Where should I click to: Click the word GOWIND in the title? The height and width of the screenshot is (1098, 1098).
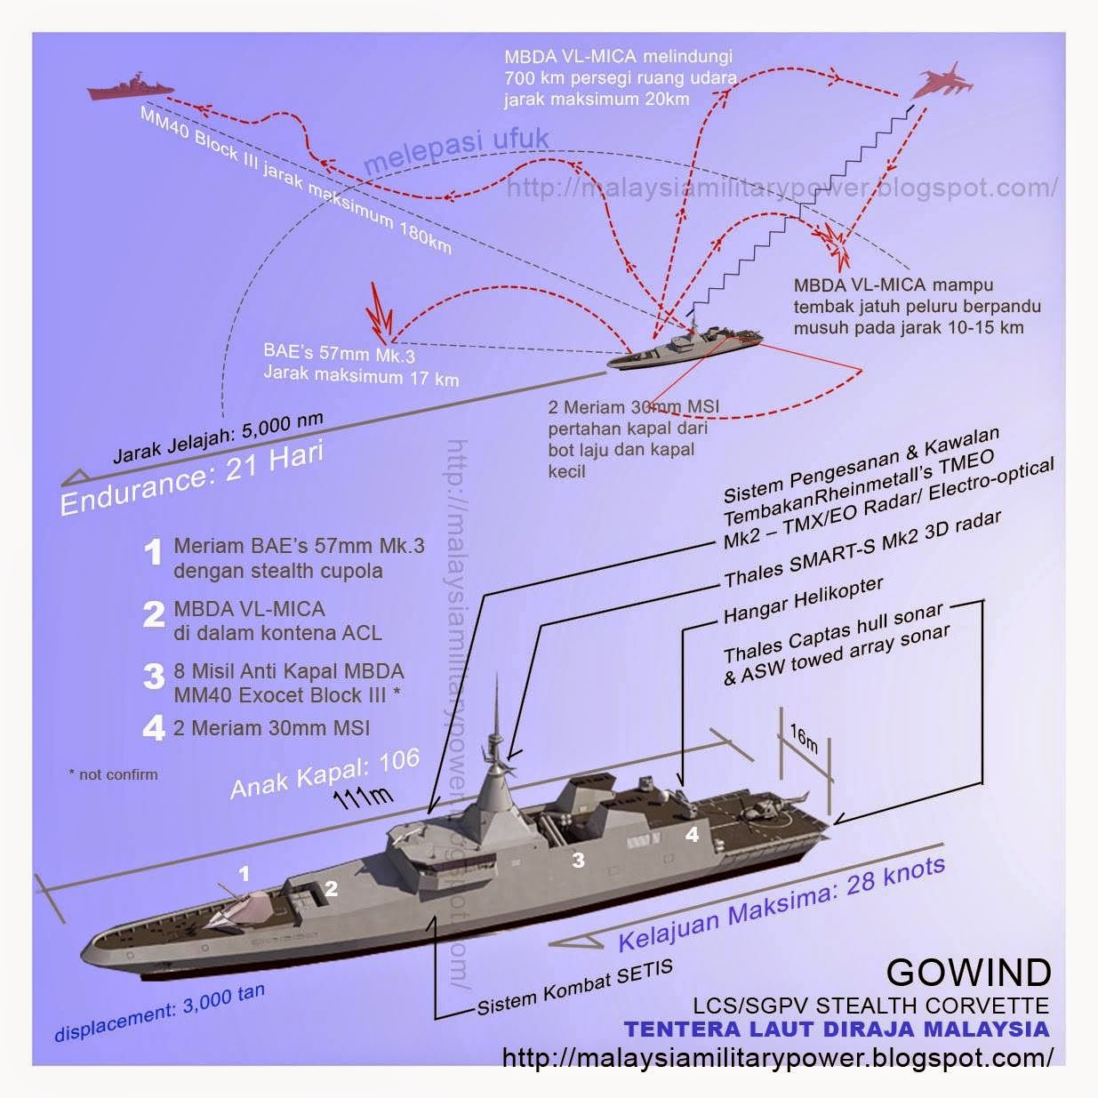[x=967, y=973]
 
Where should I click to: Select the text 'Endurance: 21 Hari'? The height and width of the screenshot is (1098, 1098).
[x=191, y=479]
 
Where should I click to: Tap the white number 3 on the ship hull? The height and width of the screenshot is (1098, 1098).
[x=579, y=860]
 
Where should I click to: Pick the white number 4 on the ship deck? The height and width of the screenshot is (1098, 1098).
[x=692, y=835]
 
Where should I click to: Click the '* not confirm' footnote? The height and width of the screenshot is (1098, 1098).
[x=113, y=774]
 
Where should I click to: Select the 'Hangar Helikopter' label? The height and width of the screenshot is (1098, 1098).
[x=803, y=600]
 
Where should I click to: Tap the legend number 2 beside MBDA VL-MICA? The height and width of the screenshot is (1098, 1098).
[x=154, y=615]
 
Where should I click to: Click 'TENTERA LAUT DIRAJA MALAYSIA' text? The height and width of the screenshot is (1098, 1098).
[x=836, y=1030]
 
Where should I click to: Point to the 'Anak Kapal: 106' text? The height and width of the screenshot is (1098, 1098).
[x=325, y=773]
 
